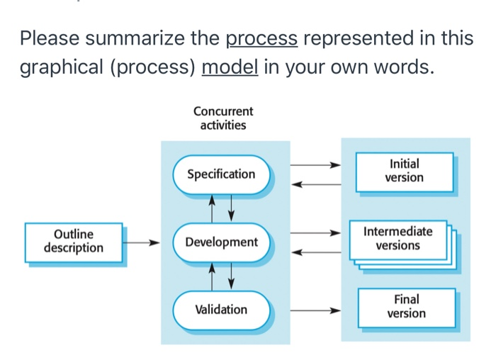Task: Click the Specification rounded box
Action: point(221,174)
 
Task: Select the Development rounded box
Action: point(221,242)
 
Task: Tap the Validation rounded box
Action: point(221,310)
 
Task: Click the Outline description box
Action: point(73,242)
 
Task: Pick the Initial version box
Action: point(404,171)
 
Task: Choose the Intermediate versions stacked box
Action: point(398,240)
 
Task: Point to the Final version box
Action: point(406,307)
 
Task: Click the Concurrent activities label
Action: point(223,118)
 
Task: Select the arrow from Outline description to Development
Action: point(144,242)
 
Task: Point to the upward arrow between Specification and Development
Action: point(213,207)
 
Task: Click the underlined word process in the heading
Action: point(261,38)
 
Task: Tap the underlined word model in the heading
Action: point(230,69)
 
